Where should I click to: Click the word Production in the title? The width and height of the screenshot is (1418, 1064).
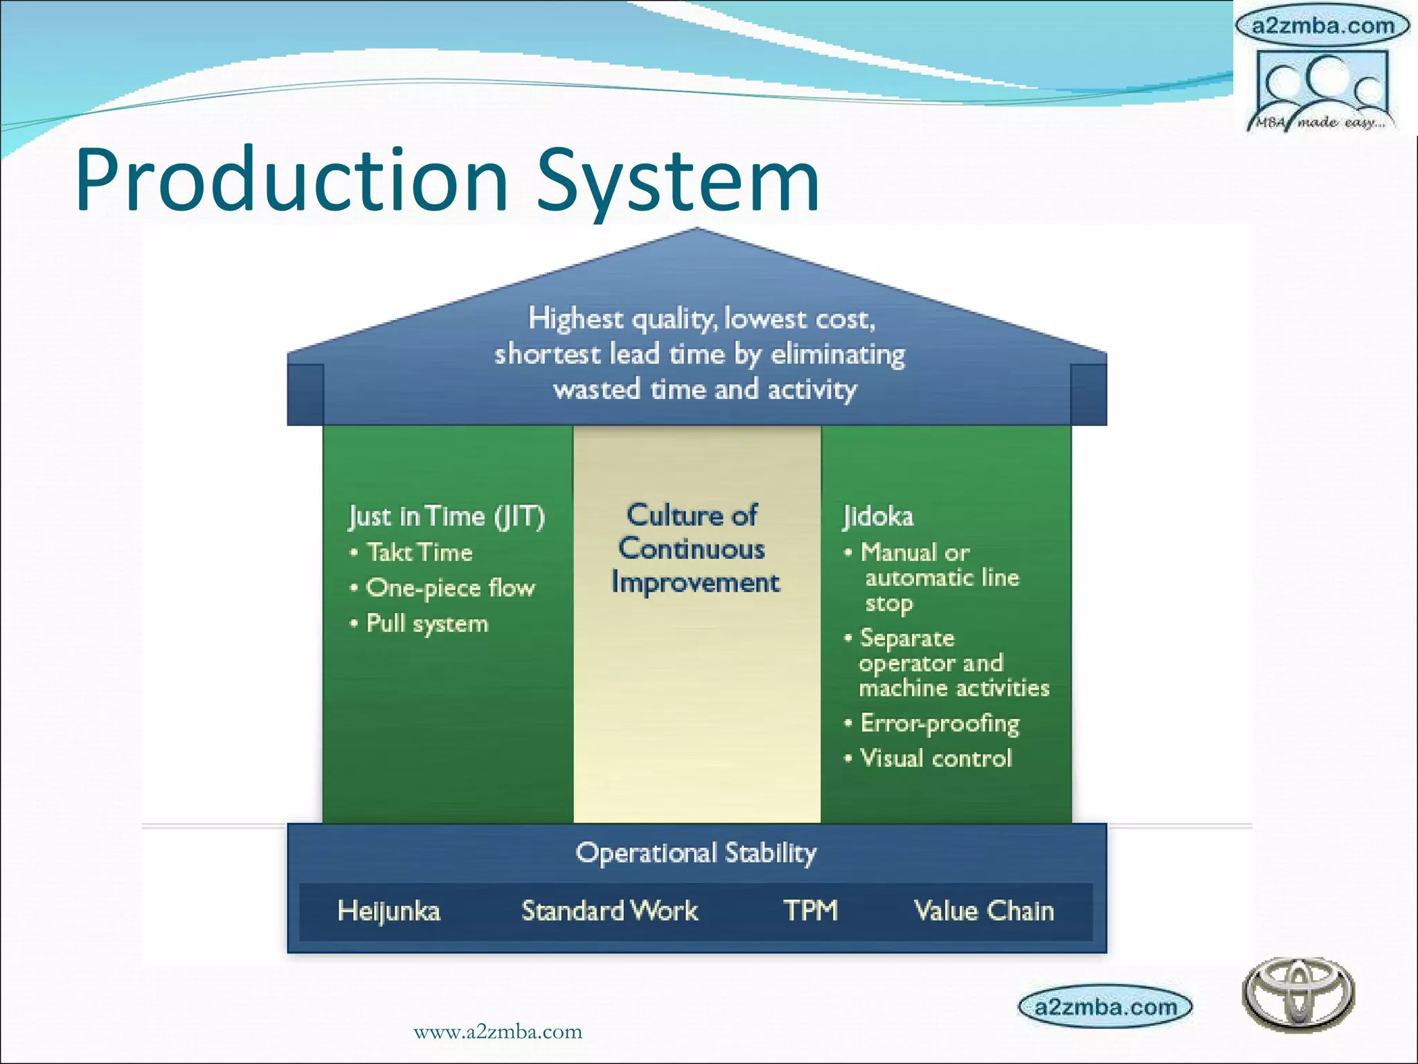(x=291, y=181)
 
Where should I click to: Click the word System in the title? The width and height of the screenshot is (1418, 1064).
(x=678, y=181)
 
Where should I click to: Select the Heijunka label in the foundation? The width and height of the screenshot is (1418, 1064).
(x=388, y=911)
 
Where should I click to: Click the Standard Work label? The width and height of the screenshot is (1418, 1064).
(x=609, y=911)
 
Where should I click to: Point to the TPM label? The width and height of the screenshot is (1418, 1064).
(x=810, y=910)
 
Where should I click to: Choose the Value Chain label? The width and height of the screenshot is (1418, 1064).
(x=984, y=911)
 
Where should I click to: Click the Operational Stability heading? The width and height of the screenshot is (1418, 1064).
(x=696, y=853)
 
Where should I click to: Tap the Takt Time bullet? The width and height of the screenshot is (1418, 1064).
(x=419, y=552)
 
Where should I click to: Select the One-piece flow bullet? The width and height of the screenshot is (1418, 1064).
(x=450, y=588)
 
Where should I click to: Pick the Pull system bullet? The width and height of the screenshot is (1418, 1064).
(x=427, y=623)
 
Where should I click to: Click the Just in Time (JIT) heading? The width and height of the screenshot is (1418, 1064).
(x=447, y=516)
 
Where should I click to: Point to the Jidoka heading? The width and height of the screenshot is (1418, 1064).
(x=878, y=516)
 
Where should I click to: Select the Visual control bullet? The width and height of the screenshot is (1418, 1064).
(x=935, y=759)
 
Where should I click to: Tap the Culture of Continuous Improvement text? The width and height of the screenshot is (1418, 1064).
(x=694, y=549)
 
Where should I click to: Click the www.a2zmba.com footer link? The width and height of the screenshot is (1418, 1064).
(x=497, y=1031)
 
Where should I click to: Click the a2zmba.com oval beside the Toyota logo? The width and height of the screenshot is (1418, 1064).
(x=1106, y=1007)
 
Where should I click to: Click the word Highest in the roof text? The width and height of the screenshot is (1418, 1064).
(x=575, y=319)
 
